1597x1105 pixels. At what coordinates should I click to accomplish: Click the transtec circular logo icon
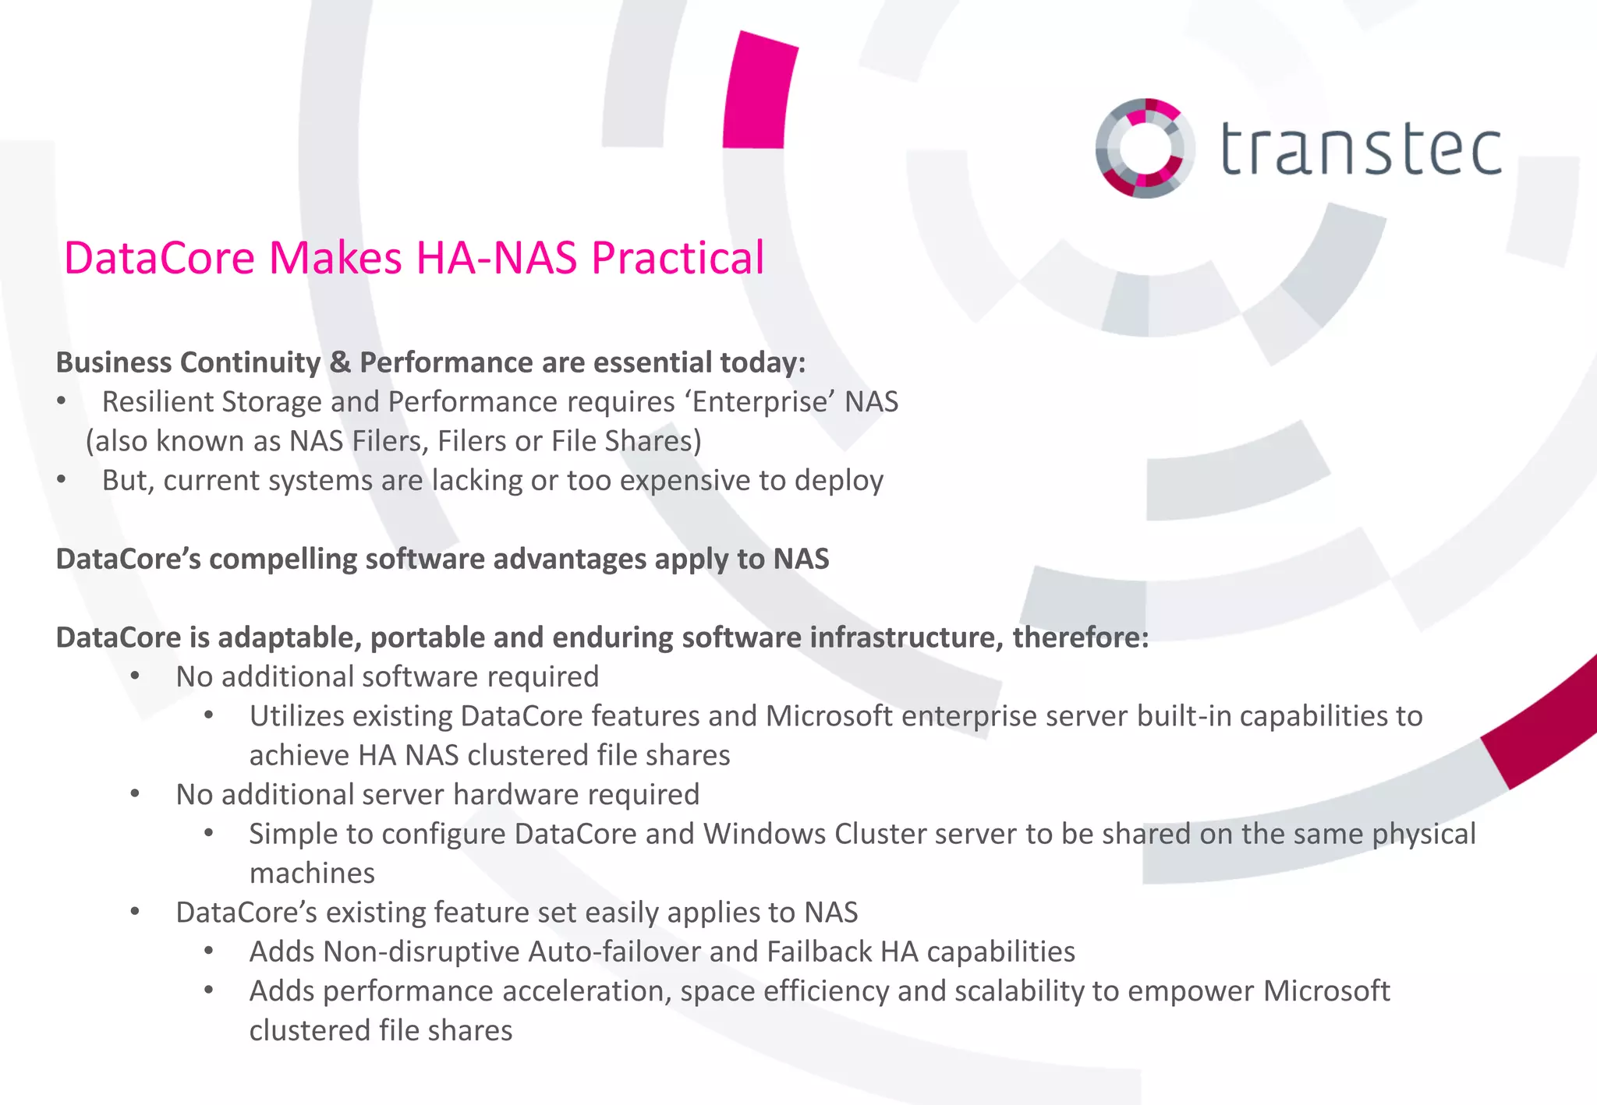click(1145, 148)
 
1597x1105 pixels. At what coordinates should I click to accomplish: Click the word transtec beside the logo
click(1361, 150)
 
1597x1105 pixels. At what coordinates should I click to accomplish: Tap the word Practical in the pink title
click(678, 258)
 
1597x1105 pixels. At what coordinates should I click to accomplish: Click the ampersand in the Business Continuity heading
click(340, 363)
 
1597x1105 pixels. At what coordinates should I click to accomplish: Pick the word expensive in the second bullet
click(687, 481)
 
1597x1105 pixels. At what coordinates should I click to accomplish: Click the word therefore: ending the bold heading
click(1081, 638)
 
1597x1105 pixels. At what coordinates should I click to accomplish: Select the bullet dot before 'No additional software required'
click(136, 676)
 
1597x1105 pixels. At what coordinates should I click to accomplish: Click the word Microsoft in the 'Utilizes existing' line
click(829, 716)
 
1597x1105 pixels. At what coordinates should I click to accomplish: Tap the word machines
click(312, 874)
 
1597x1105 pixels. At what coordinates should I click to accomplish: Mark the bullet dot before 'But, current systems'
click(62, 480)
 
